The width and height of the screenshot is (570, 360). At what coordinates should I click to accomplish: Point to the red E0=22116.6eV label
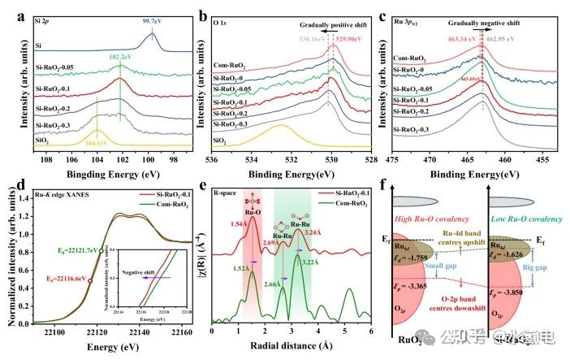(x=58, y=277)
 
